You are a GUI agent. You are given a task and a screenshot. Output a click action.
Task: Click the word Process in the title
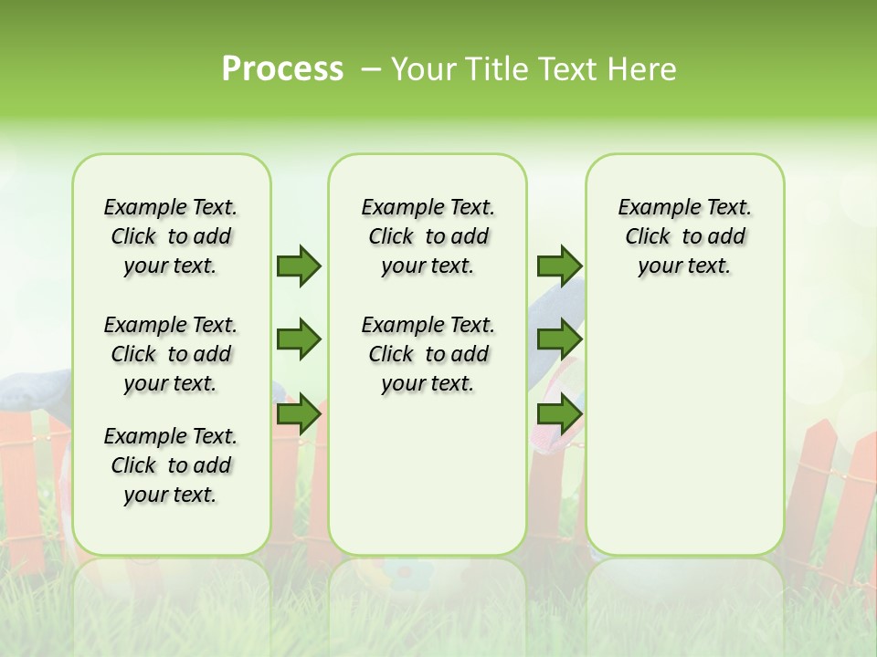[282, 68]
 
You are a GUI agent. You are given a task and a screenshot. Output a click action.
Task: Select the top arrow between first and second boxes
[299, 266]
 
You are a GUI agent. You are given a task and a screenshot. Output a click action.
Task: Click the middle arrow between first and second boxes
[299, 340]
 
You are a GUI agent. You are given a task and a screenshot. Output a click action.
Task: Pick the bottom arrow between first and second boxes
[299, 414]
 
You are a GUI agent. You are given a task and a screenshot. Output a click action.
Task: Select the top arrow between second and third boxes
[559, 266]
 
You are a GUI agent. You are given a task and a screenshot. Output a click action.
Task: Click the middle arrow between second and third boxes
[559, 340]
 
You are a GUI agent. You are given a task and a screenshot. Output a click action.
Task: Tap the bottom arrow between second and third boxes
[559, 414]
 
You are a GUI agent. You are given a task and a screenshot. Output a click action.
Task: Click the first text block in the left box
[171, 236]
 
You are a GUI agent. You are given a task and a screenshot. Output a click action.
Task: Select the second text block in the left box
[171, 354]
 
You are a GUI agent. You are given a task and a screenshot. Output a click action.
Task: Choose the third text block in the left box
[171, 465]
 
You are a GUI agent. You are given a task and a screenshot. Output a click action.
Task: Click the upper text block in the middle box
[428, 236]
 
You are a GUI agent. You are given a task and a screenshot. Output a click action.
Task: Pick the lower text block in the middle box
[428, 354]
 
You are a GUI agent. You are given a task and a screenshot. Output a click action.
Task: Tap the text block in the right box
[684, 236]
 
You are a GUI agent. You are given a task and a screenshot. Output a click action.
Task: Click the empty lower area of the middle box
[428, 474]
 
